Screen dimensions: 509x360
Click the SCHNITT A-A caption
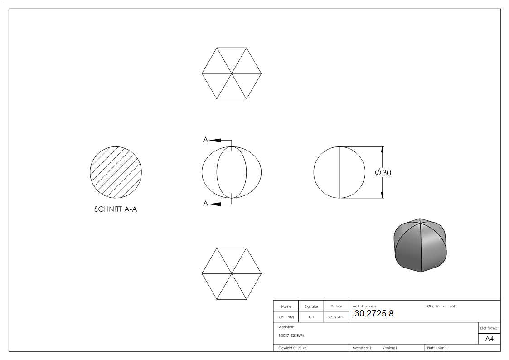point(116,209)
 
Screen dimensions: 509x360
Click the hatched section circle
point(116,172)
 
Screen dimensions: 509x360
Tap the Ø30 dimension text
point(383,173)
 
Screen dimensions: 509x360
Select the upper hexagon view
point(232,73)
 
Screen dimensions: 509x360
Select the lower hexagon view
point(232,274)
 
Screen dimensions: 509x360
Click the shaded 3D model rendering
point(420,245)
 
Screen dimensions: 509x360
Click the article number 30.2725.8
point(374,314)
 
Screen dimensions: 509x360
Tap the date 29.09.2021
point(336,317)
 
